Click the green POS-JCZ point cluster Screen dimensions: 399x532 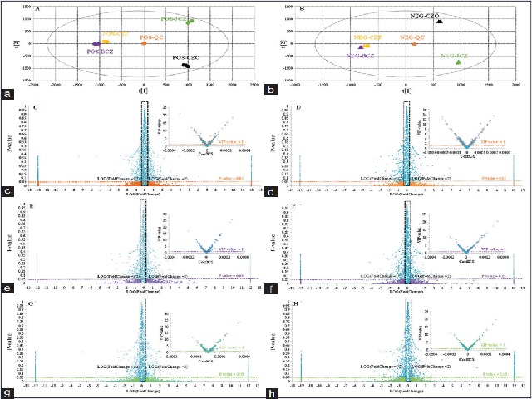tap(190, 22)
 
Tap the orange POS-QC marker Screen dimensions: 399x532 tap(144, 43)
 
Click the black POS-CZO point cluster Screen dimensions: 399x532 tap(187, 65)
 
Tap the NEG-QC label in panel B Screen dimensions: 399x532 tap(412, 37)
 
